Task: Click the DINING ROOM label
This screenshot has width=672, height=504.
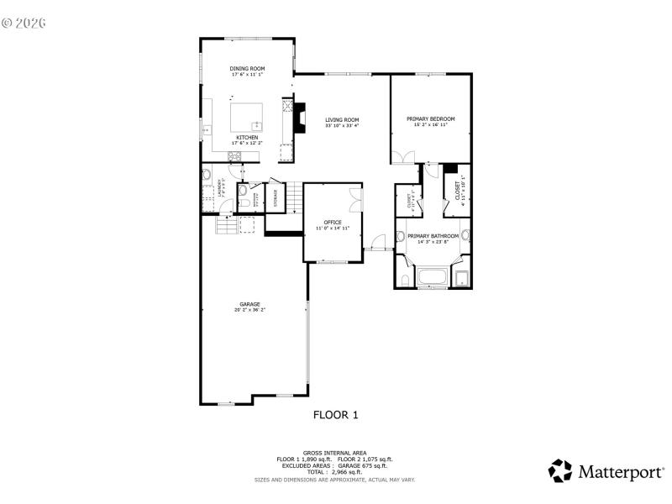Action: pos(248,68)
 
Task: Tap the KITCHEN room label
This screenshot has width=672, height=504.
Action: pos(247,137)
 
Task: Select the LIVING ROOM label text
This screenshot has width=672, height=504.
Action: pos(342,120)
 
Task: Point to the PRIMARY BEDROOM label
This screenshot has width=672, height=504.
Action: pos(430,118)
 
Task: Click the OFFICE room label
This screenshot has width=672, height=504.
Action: pos(333,222)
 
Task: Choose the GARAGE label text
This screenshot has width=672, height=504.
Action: pos(249,304)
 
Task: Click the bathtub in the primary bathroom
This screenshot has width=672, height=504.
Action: pos(433,277)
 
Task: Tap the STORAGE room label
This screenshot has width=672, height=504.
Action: pos(276,197)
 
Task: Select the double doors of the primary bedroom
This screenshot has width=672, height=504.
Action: pos(402,157)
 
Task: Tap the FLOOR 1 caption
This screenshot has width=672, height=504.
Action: pos(336,414)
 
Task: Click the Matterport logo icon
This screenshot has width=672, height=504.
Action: pos(560,470)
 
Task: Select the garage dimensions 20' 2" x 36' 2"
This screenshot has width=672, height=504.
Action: pos(249,310)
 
